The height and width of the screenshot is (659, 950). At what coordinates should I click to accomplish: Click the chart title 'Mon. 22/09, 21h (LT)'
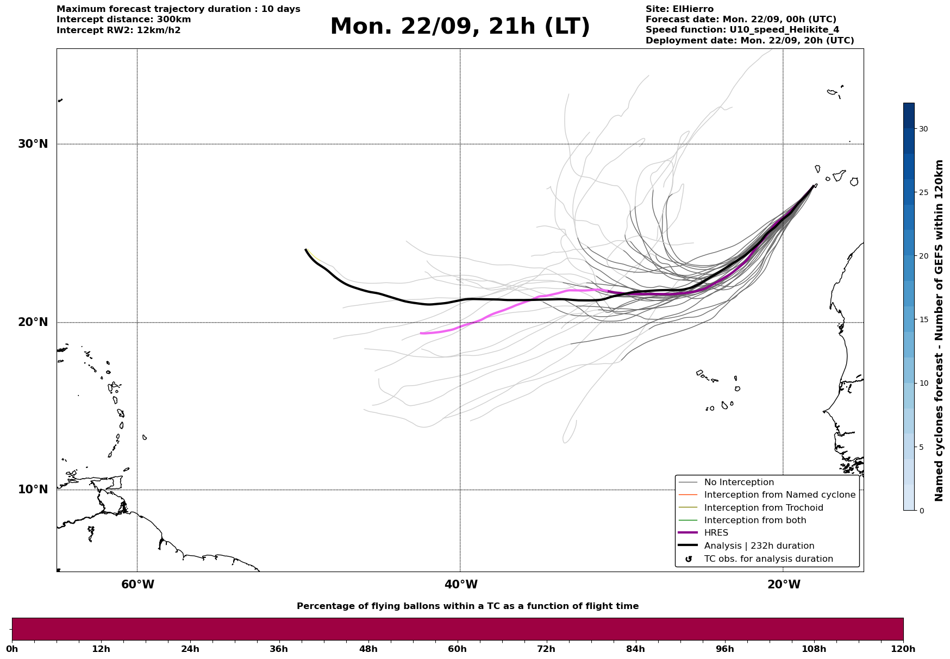tap(460, 27)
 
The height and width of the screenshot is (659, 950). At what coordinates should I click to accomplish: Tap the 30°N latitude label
tap(33, 144)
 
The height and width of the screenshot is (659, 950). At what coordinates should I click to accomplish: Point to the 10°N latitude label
tap(33, 489)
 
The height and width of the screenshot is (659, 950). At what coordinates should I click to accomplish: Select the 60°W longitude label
tap(137, 585)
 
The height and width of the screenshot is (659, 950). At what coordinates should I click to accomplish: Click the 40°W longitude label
tap(461, 585)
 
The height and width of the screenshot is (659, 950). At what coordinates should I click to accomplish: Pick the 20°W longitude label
tap(784, 585)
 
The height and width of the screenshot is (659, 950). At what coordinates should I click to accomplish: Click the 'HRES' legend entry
tap(716, 533)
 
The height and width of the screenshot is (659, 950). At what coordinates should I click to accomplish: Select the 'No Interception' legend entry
tap(739, 482)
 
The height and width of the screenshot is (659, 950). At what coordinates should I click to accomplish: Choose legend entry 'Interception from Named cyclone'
tap(779, 495)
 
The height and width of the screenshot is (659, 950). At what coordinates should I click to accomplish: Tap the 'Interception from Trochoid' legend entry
tap(763, 508)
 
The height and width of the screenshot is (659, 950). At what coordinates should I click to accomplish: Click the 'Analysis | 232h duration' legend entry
tap(759, 546)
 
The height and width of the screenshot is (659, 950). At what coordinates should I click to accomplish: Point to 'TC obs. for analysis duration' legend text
tap(768, 559)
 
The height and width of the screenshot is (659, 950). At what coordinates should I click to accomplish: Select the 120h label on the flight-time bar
tap(903, 649)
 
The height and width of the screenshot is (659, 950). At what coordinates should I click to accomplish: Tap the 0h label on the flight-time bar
tap(12, 649)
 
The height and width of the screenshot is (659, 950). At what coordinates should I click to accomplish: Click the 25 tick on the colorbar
tap(923, 192)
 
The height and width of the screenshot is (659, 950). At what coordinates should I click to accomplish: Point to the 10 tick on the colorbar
tap(923, 383)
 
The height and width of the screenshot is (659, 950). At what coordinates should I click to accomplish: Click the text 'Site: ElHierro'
tap(679, 9)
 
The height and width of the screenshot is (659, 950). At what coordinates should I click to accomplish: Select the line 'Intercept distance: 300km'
tap(123, 20)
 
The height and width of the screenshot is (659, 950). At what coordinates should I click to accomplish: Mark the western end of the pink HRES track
tap(421, 333)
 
